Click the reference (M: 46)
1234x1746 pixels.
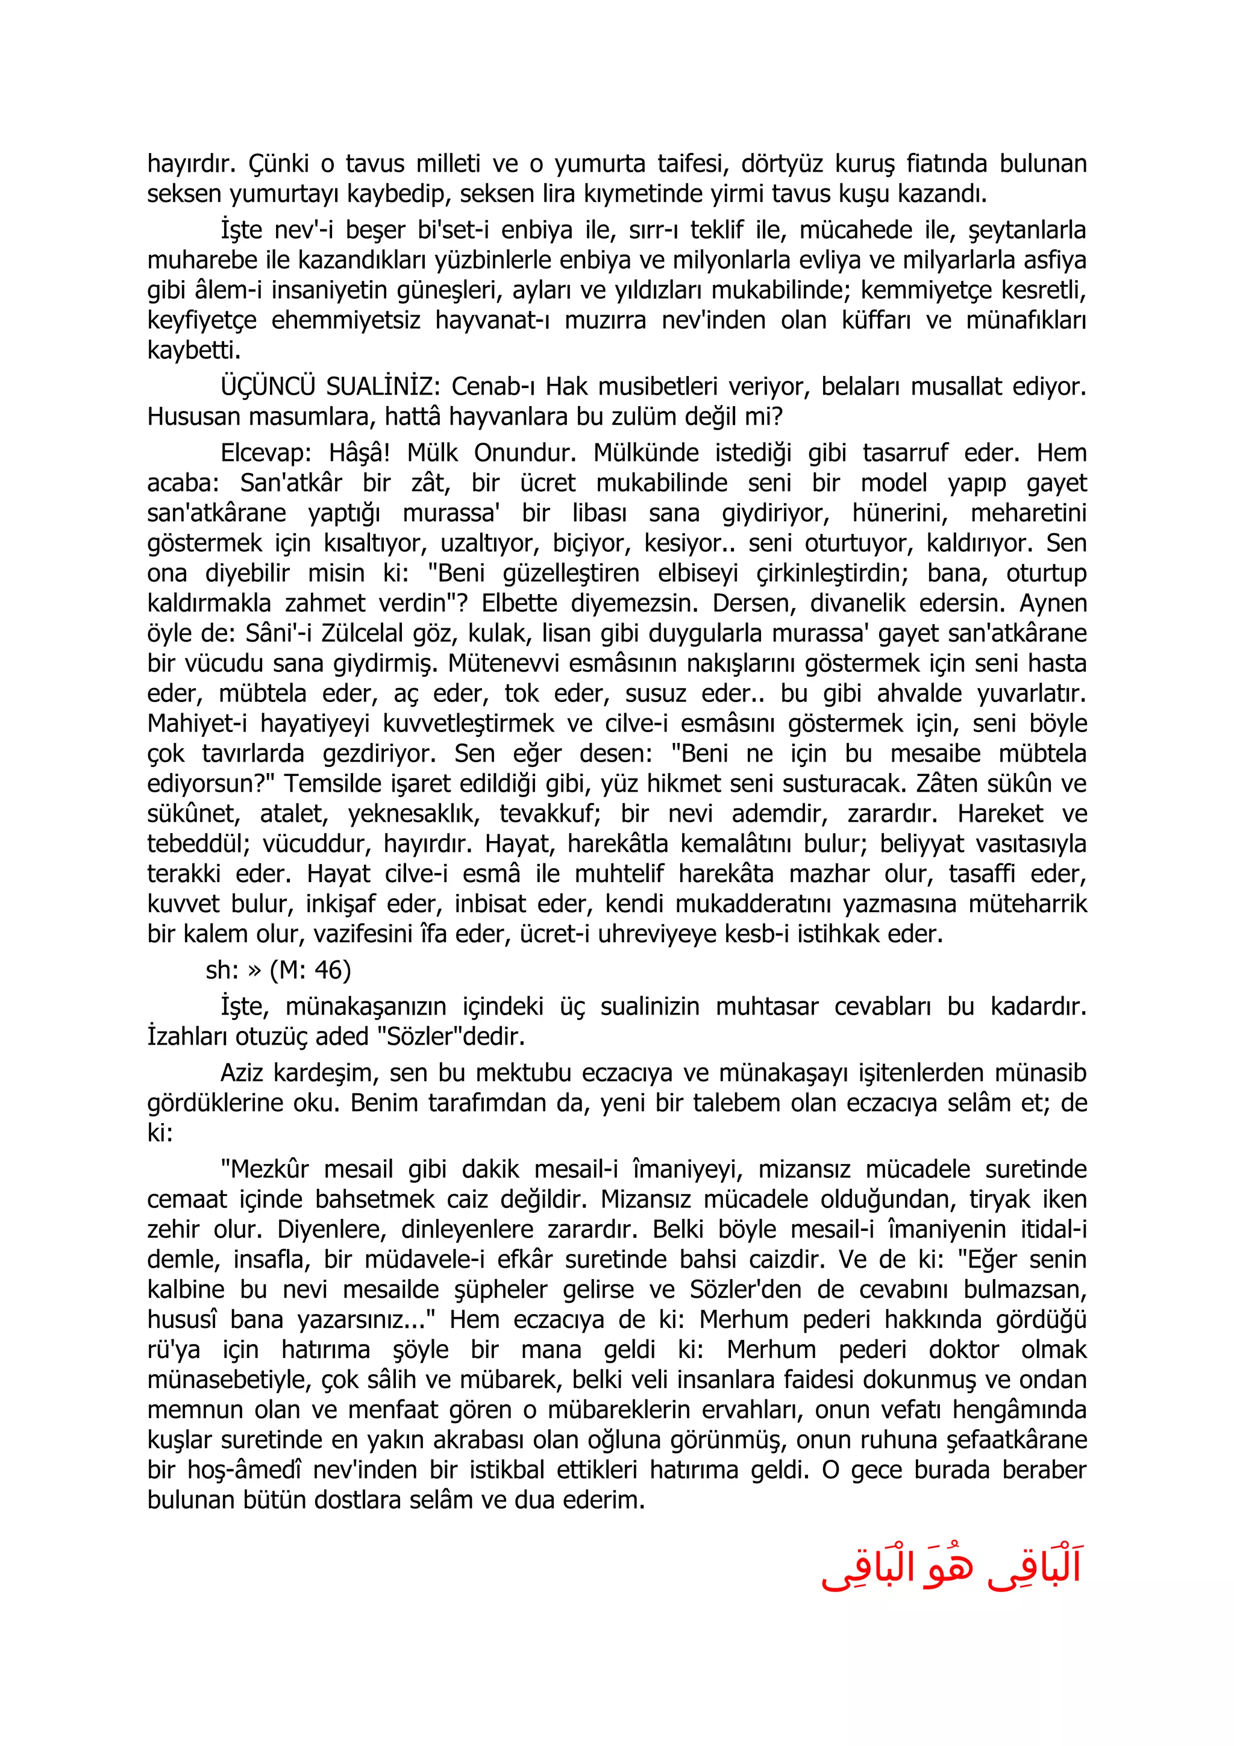(x=310, y=971)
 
